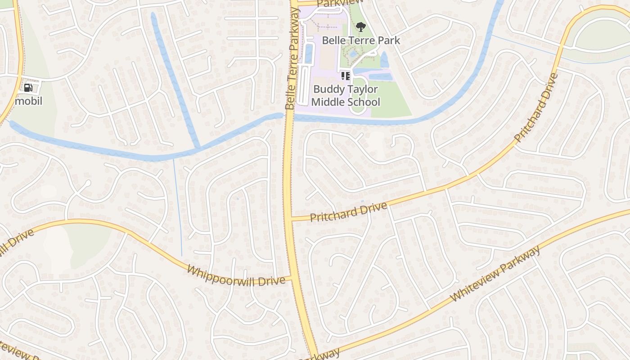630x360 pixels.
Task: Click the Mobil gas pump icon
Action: click(x=28, y=87)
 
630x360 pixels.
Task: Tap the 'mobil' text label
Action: click(x=28, y=101)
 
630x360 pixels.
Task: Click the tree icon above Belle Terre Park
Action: click(x=360, y=27)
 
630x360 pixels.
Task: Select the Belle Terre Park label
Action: click(x=361, y=40)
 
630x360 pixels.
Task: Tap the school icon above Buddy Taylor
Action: click(x=345, y=76)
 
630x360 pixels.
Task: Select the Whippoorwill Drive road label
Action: click(x=236, y=275)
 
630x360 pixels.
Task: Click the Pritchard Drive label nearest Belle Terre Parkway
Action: click(x=348, y=212)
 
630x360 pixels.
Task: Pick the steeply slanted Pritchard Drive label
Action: click(x=536, y=108)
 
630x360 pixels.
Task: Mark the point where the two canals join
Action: click(x=198, y=148)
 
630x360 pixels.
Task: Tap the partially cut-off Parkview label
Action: click(x=333, y=4)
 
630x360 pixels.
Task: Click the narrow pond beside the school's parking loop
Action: click(x=309, y=53)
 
